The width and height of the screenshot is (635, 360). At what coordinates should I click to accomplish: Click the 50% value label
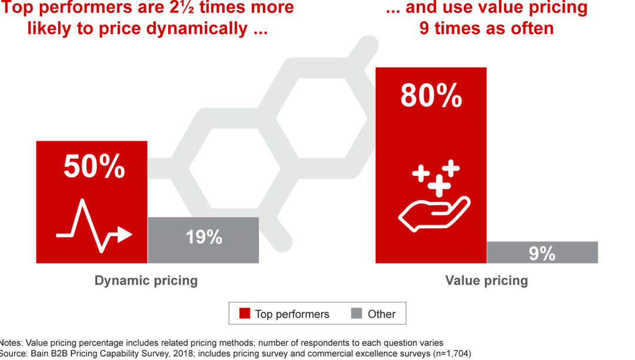94,167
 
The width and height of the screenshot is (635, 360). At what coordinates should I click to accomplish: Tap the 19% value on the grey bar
203,237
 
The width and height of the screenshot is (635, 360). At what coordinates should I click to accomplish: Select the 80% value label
431,95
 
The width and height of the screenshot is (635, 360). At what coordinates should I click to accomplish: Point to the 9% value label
542,253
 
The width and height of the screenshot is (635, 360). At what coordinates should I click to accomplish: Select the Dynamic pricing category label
146,281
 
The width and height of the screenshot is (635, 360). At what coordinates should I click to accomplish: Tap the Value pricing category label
486,281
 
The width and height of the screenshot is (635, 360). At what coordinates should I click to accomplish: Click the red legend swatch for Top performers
245,314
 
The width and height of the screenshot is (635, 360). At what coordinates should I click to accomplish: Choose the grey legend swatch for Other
356,314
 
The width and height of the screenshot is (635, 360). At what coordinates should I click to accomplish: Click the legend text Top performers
292,314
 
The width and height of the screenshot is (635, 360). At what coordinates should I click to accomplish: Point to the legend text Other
382,314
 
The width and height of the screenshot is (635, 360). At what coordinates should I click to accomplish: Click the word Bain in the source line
41,354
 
